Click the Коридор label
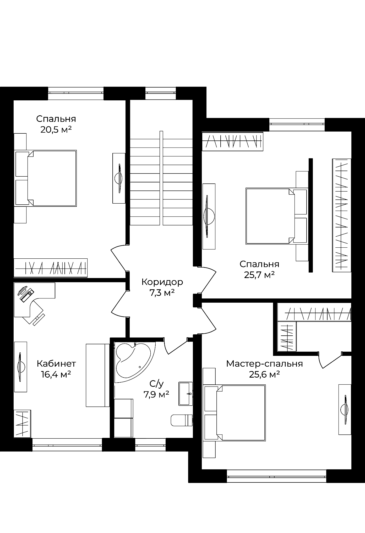coord(162,282)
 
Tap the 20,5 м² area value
coord(56,129)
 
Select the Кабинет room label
coord(56,363)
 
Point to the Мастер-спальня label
coord(265,364)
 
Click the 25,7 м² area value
coord(259,275)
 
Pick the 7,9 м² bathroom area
coord(156,394)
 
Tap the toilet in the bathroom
coord(181,420)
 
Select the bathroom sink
coord(186,394)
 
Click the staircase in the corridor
coord(161,178)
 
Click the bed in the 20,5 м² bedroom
coord(45,178)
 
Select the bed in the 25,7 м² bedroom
coord(277,216)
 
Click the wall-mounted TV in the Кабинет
coord(20,367)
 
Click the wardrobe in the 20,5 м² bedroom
coord(51,268)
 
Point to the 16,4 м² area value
coord(56,374)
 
